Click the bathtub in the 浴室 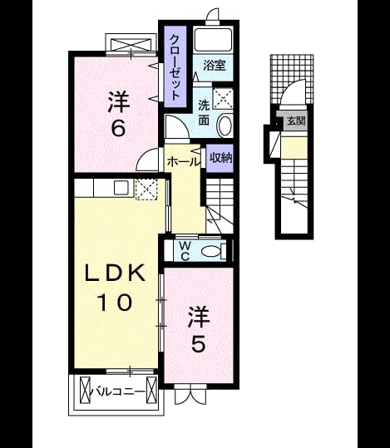[213, 39]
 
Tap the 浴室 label [215, 66]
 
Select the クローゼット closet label [175, 66]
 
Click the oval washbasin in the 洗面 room [225, 126]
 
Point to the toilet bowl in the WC [211, 252]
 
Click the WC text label [185, 251]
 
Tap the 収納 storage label [220, 158]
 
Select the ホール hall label [182, 162]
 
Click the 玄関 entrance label [296, 121]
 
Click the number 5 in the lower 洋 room [199, 344]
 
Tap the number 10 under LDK [115, 303]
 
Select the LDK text [115, 273]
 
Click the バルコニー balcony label [119, 392]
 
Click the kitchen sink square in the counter [121, 188]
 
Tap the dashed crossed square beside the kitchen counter [146, 189]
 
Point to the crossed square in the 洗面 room [223, 99]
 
